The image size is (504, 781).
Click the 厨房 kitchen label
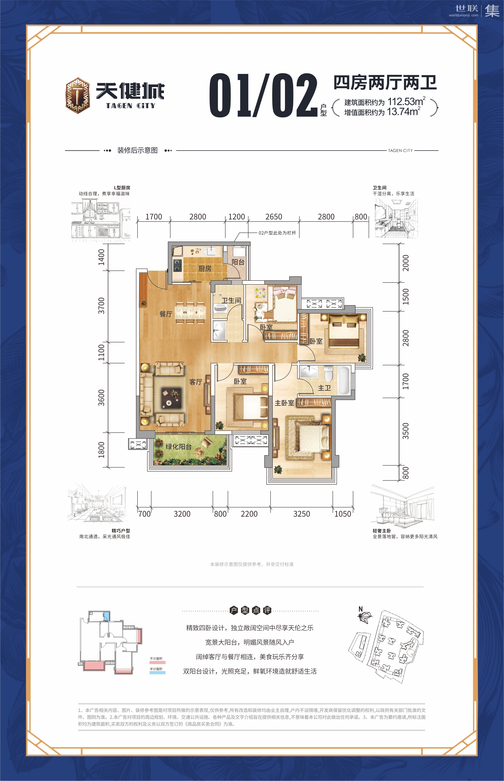point(205,269)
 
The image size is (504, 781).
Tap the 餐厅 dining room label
point(166,314)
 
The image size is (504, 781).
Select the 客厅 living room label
point(196,382)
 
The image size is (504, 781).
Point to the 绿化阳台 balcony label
point(178,446)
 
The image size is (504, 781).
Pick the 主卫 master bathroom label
point(324,388)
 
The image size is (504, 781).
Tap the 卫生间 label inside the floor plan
point(231,300)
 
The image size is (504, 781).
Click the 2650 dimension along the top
point(274,217)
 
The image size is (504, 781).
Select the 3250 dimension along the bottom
point(301,514)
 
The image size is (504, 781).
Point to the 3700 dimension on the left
point(101,306)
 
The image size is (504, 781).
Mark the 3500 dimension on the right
point(406,431)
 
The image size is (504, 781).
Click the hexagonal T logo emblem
point(77,95)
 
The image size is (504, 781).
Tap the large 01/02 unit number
point(264,95)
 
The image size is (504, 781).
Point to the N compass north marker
point(361,609)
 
